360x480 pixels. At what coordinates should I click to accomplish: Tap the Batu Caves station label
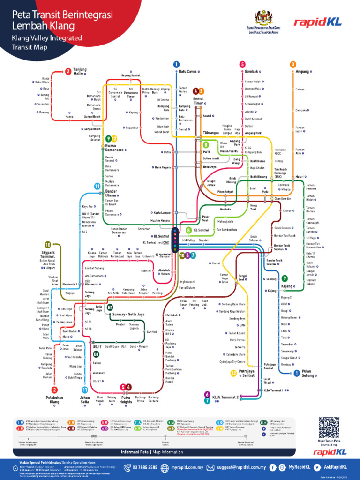pos(187,71)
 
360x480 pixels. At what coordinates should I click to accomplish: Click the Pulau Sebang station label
pos(310,373)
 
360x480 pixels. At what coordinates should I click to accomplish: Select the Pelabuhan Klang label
pos(55,399)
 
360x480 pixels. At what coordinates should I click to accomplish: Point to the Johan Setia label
pos(85,399)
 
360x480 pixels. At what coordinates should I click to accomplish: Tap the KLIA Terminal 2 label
pos(225,396)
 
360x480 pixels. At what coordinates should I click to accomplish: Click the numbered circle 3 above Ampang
pos(293,64)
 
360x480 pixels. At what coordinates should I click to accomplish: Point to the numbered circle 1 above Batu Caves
pos(176,64)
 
